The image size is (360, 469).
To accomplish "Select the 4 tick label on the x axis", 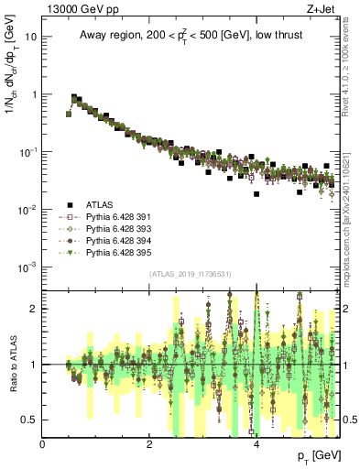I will [256, 445].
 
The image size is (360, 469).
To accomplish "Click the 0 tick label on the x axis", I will [43, 445].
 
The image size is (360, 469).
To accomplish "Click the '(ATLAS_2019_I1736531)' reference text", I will [190, 275].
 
